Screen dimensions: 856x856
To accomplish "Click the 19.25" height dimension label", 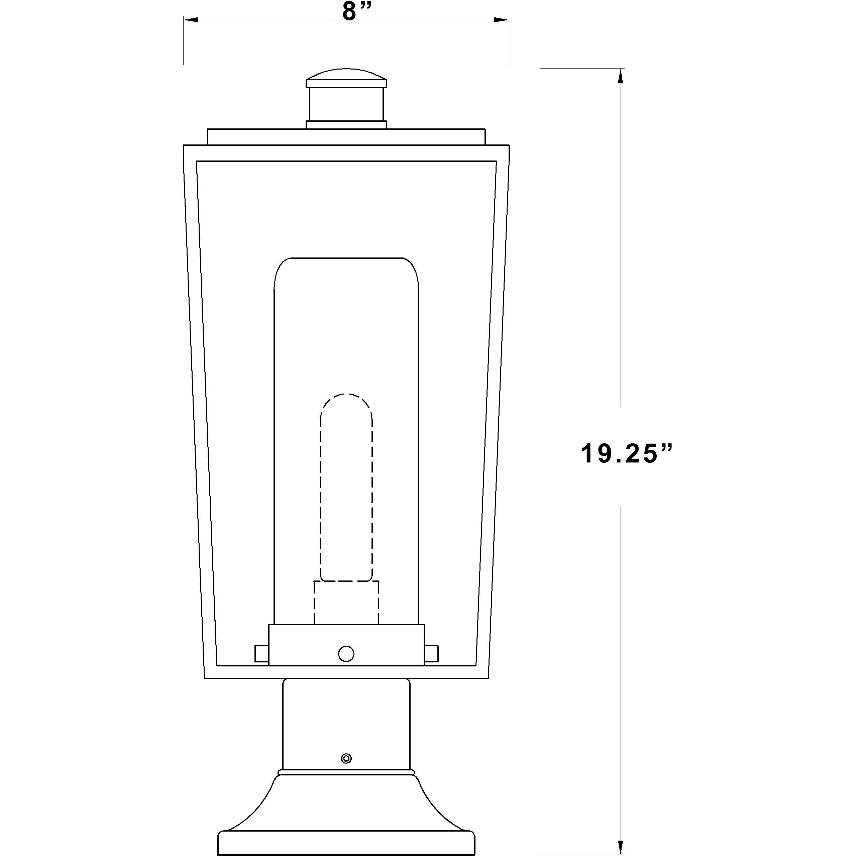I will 626,455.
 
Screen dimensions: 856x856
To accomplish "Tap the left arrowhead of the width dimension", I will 191,20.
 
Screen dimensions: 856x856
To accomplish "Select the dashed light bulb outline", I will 346,488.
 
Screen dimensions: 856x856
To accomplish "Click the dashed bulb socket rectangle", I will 346,603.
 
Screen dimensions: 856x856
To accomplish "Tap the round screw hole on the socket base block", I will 346,653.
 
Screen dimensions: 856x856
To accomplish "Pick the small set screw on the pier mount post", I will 346,758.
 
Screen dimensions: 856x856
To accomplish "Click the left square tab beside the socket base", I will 261,653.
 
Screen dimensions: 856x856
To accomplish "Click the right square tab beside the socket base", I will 431,653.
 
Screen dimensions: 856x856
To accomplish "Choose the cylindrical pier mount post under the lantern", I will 346,727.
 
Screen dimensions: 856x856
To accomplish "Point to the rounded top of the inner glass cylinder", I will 346,266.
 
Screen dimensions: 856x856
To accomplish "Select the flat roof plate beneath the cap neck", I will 346,136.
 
